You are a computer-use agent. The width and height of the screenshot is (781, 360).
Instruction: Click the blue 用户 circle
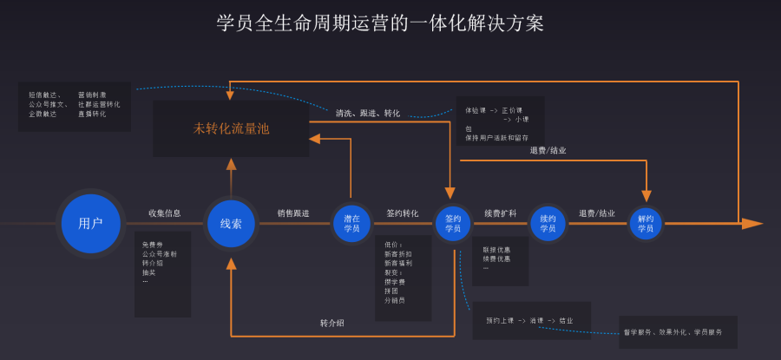click(x=90, y=223)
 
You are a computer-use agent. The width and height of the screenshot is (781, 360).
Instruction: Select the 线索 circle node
click(x=231, y=223)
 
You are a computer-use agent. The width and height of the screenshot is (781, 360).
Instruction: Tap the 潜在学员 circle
click(x=351, y=223)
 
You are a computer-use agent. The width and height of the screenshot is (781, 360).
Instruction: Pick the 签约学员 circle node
click(x=453, y=223)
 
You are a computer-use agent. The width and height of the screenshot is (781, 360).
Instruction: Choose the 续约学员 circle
click(x=548, y=223)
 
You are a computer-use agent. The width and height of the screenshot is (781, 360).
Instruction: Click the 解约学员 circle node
click(x=646, y=223)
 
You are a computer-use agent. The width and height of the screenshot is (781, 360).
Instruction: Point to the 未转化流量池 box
click(x=231, y=128)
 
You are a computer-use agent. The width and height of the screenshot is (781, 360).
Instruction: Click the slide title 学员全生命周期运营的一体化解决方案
click(x=380, y=23)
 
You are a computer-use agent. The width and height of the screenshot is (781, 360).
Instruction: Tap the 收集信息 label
click(x=164, y=213)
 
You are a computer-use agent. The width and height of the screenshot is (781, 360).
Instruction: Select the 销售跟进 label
click(x=293, y=213)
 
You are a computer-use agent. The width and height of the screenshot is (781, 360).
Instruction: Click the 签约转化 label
click(x=403, y=213)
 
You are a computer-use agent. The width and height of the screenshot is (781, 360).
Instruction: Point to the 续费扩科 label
click(x=500, y=213)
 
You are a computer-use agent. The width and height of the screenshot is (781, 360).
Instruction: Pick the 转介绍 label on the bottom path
click(x=332, y=323)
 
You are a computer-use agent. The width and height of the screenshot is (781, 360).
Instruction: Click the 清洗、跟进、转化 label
click(x=368, y=113)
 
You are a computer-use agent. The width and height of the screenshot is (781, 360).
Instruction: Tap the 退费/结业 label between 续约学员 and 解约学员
click(x=597, y=213)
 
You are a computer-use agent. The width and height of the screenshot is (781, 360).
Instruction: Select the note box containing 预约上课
click(x=531, y=320)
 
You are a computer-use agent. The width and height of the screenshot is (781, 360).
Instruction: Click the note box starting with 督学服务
click(x=678, y=331)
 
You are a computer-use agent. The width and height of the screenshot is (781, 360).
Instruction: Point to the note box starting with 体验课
click(x=500, y=121)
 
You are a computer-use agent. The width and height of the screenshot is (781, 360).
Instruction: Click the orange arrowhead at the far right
click(x=751, y=223)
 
